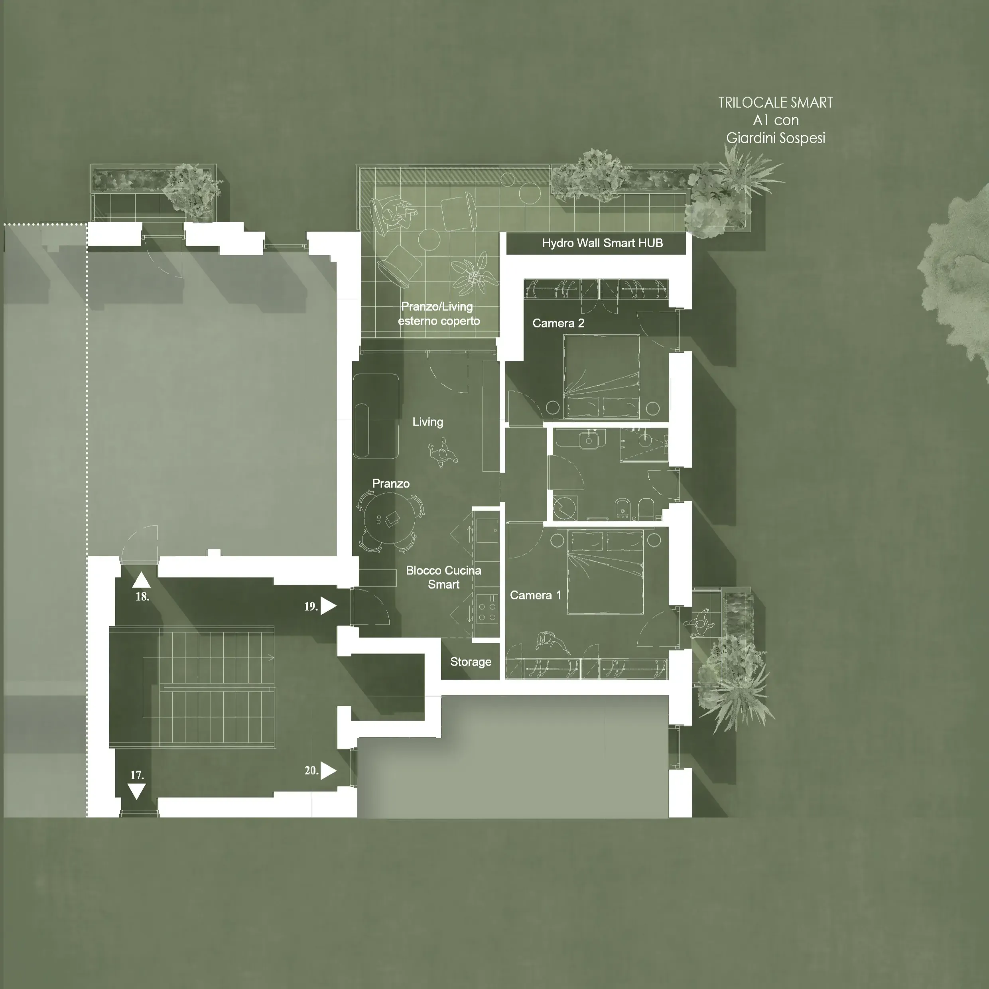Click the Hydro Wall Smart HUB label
[x=603, y=243]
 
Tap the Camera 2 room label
[x=558, y=323]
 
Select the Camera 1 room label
[x=536, y=595]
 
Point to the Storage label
[x=471, y=662]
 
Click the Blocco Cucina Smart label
[x=443, y=577]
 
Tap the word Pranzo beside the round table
[x=390, y=484]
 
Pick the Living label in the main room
[x=428, y=422]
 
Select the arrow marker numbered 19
[x=328, y=606]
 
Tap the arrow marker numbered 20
[x=328, y=770]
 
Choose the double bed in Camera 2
[x=601, y=376]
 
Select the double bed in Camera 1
[x=605, y=572]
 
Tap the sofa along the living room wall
[x=376, y=416]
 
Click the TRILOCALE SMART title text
[x=776, y=103]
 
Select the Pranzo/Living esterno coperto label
[x=438, y=314]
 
